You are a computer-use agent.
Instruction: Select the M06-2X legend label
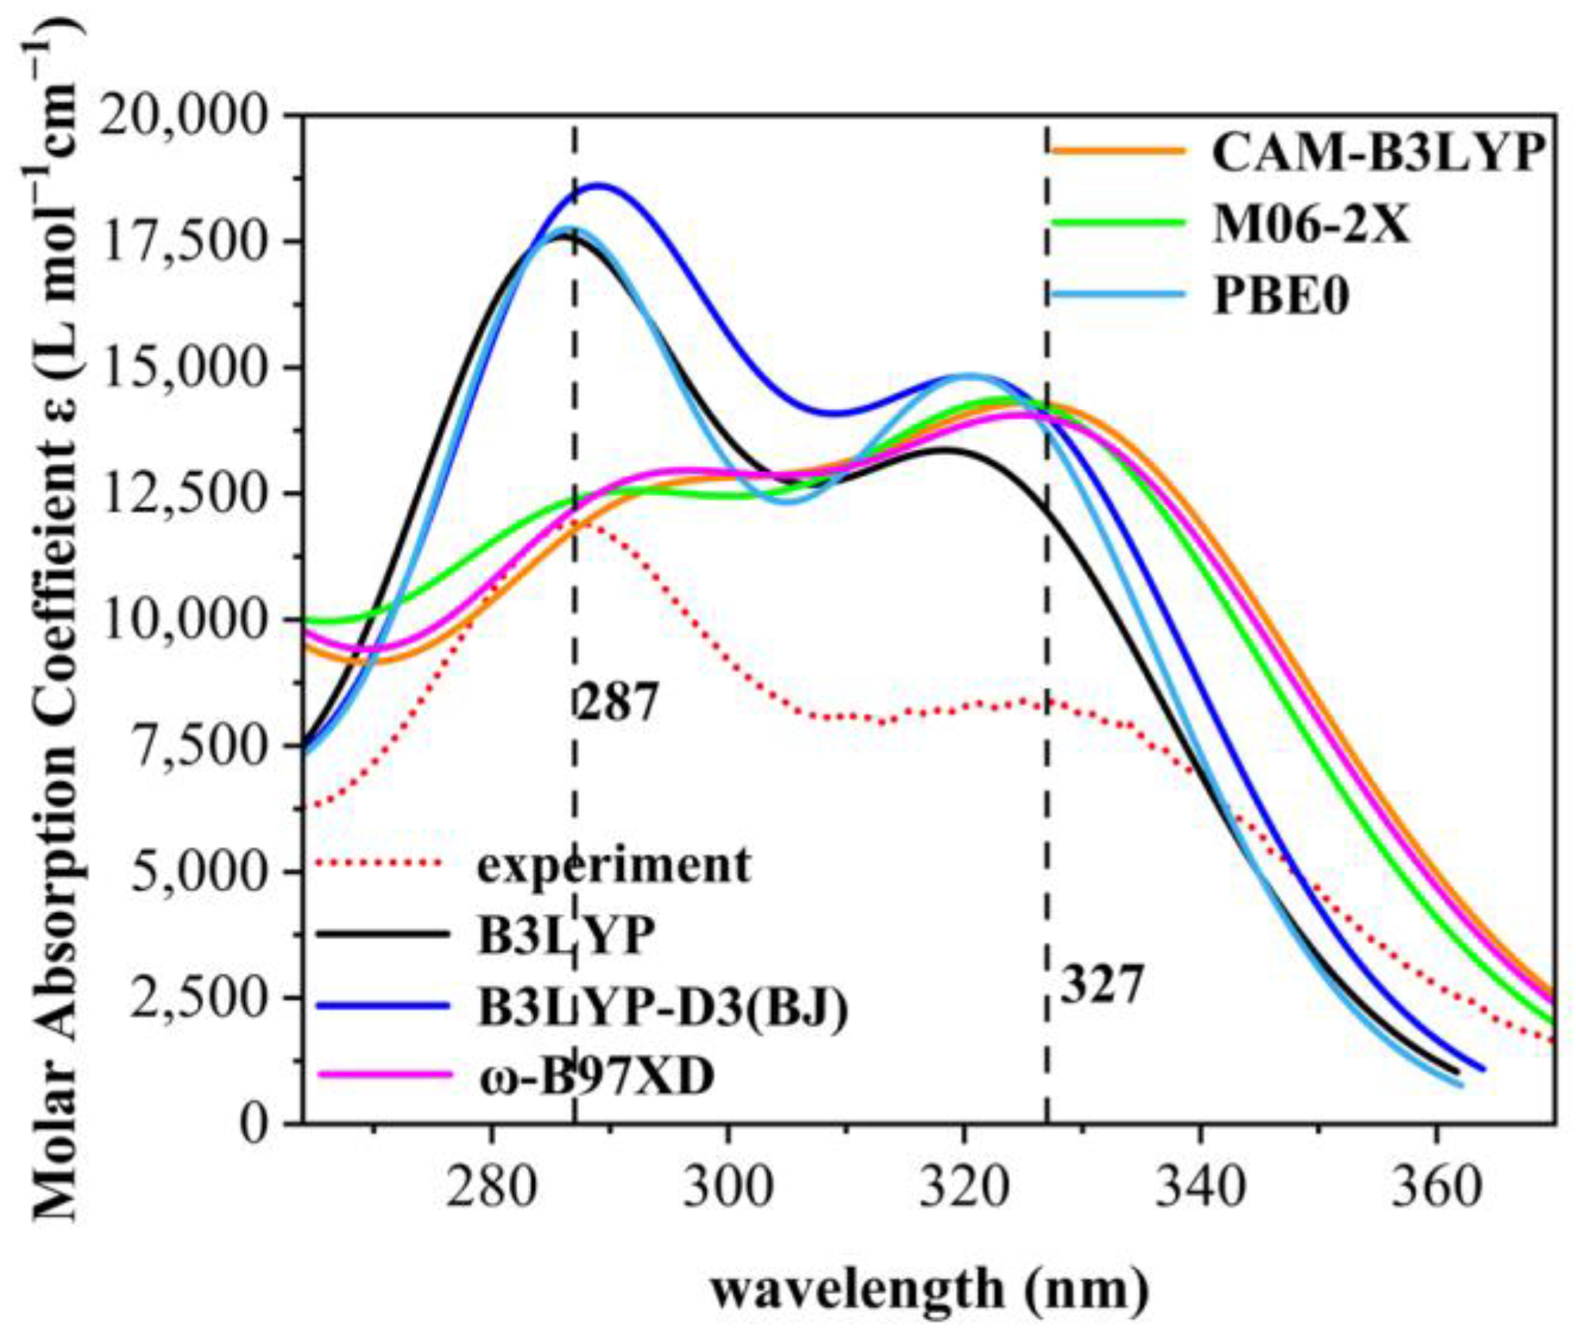point(1311,225)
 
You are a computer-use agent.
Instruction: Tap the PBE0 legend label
point(1281,297)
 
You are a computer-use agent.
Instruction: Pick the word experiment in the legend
point(613,865)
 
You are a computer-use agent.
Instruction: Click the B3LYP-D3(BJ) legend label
point(662,1007)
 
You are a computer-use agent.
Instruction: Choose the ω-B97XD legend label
point(596,1077)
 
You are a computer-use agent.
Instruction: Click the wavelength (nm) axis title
point(929,1290)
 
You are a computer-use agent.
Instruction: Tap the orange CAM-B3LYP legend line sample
point(1117,151)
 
